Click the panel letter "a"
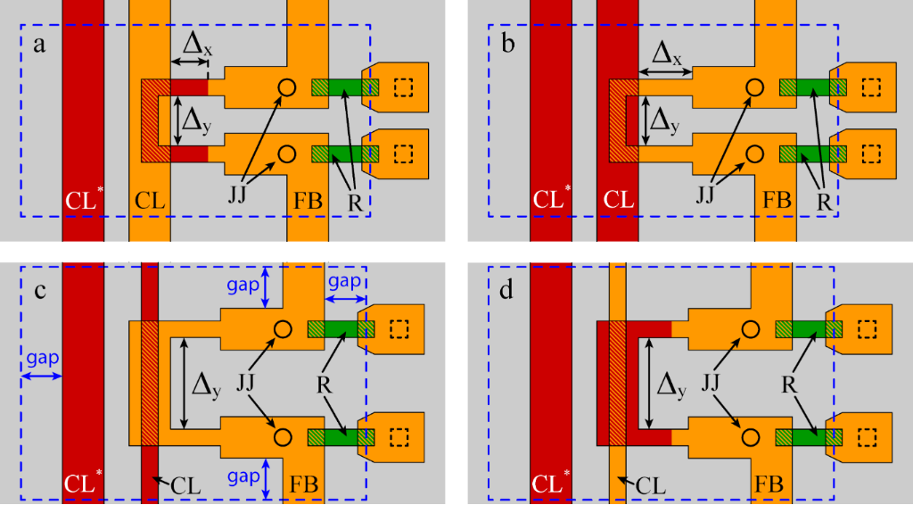pos(38,45)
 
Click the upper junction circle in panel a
pos(286,87)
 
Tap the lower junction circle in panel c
pos(284,436)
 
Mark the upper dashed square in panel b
pos(871,87)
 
